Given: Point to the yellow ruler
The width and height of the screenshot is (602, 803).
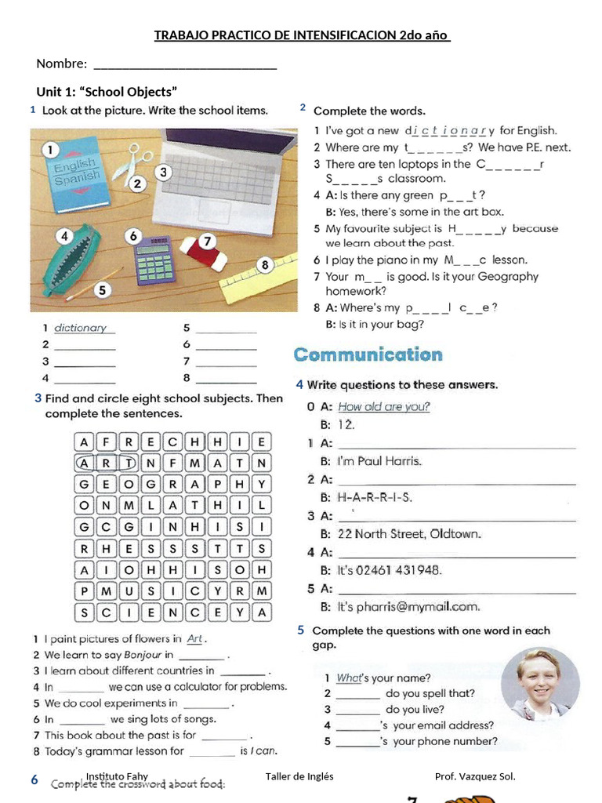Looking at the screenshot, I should pyautogui.click(x=259, y=279).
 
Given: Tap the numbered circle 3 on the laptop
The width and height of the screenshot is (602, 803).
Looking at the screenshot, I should pyautogui.click(x=162, y=172).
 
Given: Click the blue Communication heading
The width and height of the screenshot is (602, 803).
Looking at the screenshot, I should pyautogui.click(x=368, y=354).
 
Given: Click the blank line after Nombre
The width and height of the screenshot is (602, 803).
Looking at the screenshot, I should pyautogui.click(x=185, y=64).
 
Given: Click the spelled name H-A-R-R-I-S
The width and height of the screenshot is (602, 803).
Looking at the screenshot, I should pyautogui.click(x=375, y=497).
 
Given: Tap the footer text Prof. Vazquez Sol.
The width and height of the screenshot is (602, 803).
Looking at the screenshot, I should pyautogui.click(x=475, y=776).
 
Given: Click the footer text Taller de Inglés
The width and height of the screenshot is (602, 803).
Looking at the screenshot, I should pyautogui.click(x=299, y=776).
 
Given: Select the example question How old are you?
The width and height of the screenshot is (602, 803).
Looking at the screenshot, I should pyautogui.click(x=384, y=406).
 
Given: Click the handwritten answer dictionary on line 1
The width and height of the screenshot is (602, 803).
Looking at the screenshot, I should pyautogui.click(x=80, y=328).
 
